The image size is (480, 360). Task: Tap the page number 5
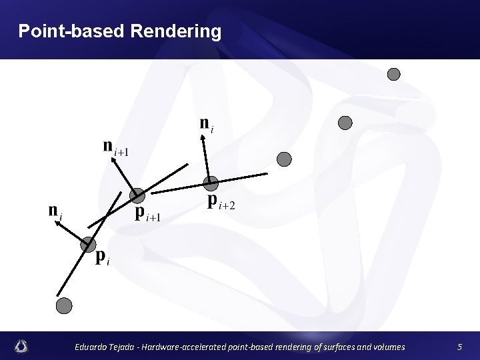(459, 347)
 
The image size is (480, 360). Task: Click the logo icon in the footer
(22, 346)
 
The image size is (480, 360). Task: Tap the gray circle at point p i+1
(137, 195)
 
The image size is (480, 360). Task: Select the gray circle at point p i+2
(211, 183)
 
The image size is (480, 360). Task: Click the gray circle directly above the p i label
(88, 245)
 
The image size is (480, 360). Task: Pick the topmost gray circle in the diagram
(394, 74)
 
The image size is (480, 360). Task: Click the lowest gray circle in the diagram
(63, 305)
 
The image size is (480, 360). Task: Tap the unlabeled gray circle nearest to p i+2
(284, 159)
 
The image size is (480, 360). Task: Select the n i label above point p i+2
(207, 124)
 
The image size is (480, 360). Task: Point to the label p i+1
(149, 214)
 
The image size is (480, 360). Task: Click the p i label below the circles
(102, 257)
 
